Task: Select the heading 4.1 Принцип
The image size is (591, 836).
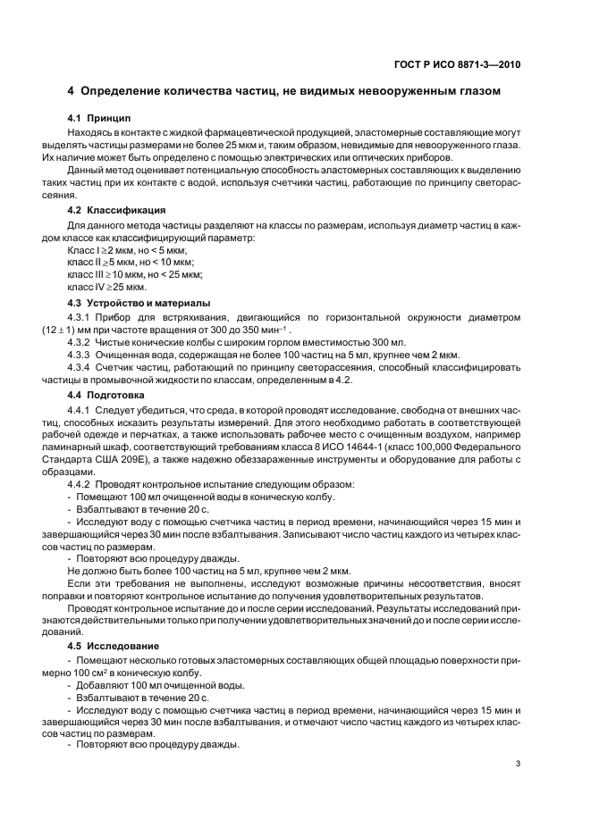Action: tap(99, 118)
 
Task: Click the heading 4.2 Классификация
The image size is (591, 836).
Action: tap(114, 210)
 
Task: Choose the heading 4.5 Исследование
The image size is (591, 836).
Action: tap(114, 644)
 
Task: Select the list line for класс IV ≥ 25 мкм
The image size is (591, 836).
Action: tap(106, 288)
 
